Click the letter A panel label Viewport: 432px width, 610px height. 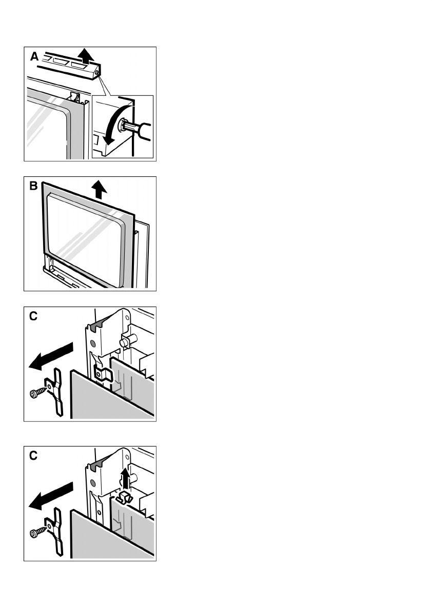34,56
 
